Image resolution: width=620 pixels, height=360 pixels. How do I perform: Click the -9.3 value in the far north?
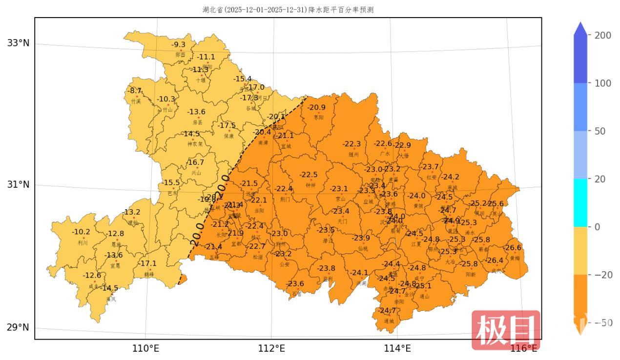click(178, 45)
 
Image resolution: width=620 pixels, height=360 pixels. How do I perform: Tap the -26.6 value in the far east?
click(513, 248)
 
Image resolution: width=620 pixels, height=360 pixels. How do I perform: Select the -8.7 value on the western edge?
click(135, 91)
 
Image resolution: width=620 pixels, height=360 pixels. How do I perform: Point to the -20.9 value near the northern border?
click(316, 107)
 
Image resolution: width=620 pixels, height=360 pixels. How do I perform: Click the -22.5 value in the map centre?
click(309, 175)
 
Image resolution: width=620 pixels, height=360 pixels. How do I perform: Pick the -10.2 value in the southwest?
click(81, 232)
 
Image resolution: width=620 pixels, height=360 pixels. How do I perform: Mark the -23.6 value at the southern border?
click(295, 284)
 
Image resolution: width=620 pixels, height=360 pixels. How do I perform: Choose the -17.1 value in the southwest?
click(148, 263)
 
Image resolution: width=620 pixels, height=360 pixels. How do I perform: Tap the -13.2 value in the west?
click(132, 212)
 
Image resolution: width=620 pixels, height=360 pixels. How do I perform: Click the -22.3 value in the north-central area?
click(351, 144)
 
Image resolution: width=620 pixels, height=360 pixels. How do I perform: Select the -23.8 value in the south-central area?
click(326, 268)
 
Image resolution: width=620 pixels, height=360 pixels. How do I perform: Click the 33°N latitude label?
click(18, 43)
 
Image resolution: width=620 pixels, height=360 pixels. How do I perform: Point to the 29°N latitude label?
click(18, 327)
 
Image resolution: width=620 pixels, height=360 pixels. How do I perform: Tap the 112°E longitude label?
click(271, 348)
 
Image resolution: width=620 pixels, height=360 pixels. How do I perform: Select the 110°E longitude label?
click(146, 348)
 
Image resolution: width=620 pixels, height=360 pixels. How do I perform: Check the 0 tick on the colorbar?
click(596, 227)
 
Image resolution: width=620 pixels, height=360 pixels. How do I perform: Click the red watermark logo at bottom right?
click(506, 330)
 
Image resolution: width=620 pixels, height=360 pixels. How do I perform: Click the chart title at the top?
click(288, 10)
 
